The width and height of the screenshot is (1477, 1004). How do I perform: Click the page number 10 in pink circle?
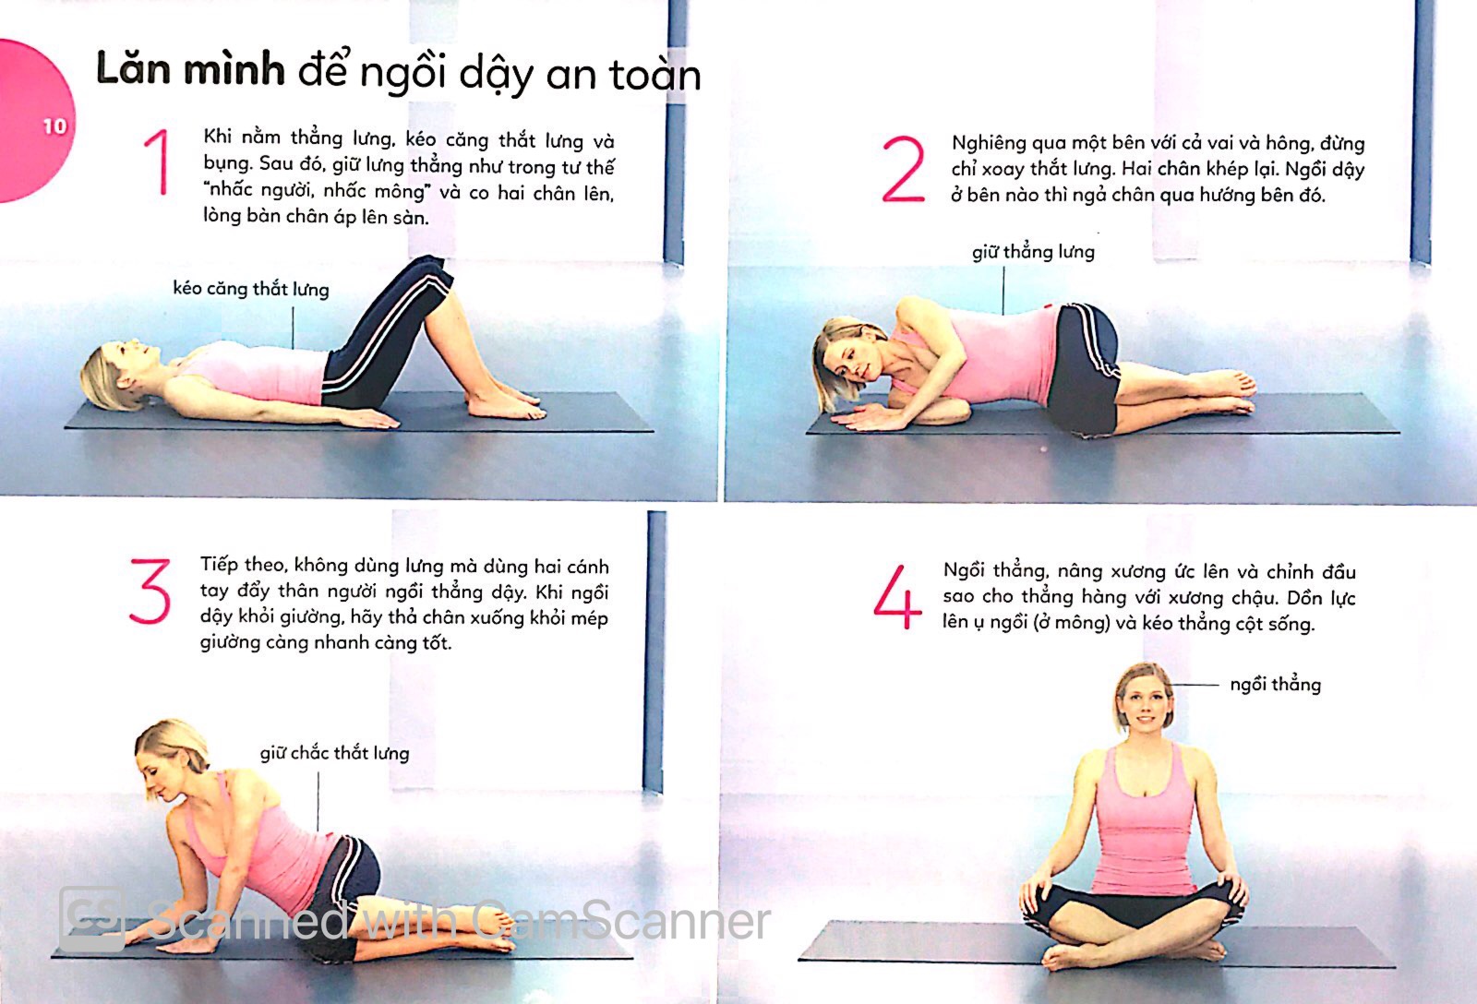(x=54, y=125)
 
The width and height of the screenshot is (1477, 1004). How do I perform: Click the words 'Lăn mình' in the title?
(x=190, y=70)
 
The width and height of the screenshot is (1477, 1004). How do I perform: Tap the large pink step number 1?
(x=158, y=162)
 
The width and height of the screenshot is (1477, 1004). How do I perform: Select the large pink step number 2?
(x=903, y=169)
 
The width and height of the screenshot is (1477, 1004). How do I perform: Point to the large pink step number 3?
(x=150, y=592)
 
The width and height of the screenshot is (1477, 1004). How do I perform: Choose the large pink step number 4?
(x=897, y=597)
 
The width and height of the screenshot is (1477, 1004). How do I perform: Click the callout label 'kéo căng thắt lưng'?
(x=251, y=289)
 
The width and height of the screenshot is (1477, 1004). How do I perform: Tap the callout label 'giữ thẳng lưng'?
(x=1033, y=252)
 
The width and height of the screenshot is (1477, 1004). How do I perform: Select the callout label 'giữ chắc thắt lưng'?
(x=334, y=753)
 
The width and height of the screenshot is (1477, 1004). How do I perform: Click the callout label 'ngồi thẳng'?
(x=1275, y=685)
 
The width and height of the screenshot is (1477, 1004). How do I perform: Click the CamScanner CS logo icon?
(x=91, y=919)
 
